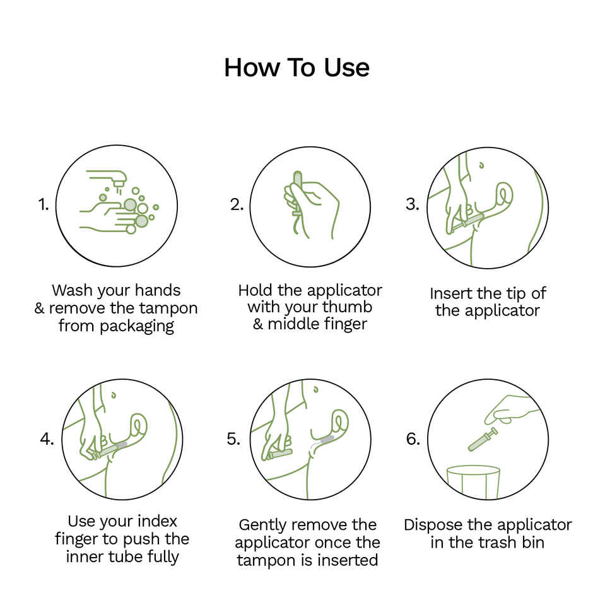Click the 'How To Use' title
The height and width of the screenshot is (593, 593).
point(296,68)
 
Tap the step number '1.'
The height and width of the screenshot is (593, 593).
point(43,204)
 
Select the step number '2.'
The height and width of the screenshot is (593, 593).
point(237,204)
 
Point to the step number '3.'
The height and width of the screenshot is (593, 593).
point(413,204)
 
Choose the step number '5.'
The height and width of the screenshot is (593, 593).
point(233,439)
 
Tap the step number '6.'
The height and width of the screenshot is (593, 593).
point(413,439)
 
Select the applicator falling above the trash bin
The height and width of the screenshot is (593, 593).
point(483,439)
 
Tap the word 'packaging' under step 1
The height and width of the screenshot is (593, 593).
point(136,326)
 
